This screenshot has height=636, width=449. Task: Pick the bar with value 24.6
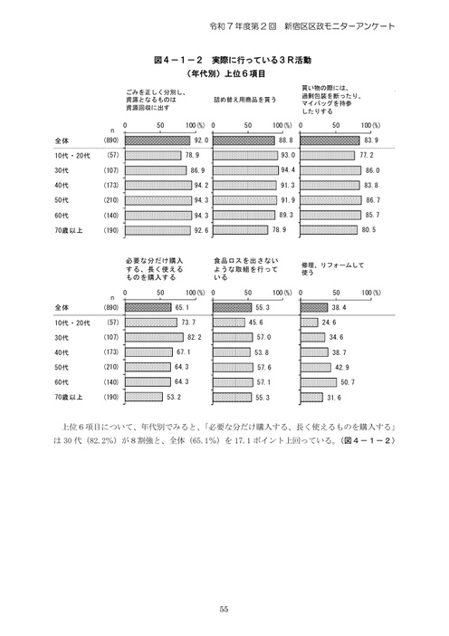tap(308, 323)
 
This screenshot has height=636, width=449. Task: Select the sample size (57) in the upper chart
tap(112, 156)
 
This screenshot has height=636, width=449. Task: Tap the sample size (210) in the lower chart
tap(112, 367)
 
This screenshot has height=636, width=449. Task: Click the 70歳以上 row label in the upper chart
tap(69, 231)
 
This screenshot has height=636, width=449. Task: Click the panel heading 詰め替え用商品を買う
tap(244, 98)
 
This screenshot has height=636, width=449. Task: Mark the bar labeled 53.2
tap(144, 397)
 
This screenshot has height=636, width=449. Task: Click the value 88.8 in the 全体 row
tap(288, 140)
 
